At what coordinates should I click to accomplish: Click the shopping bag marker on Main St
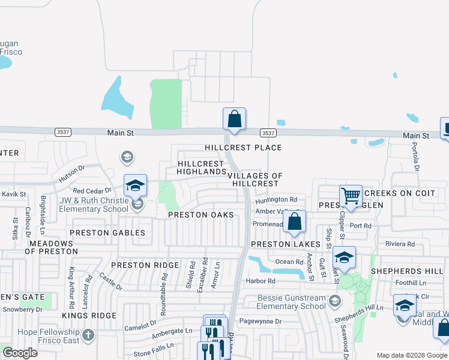pos(234,119)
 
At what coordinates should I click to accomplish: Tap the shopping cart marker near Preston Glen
pos(351,196)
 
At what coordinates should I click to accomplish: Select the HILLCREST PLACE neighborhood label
pos(243,148)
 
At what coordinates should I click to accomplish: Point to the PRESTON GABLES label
pos(107,233)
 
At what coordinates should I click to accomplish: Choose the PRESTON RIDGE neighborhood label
pos(145,265)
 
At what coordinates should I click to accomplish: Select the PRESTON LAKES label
pos(278,244)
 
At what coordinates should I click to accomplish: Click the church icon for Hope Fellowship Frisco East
pos(88,334)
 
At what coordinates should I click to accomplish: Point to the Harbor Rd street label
pos(260,281)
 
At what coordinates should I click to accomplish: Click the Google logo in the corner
pos(20,353)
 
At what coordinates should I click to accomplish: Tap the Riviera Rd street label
pos(400,244)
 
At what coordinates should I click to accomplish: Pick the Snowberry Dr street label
pos(22,310)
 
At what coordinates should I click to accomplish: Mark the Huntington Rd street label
pos(277,200)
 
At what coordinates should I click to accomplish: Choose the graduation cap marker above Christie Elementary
pos(136,185)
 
